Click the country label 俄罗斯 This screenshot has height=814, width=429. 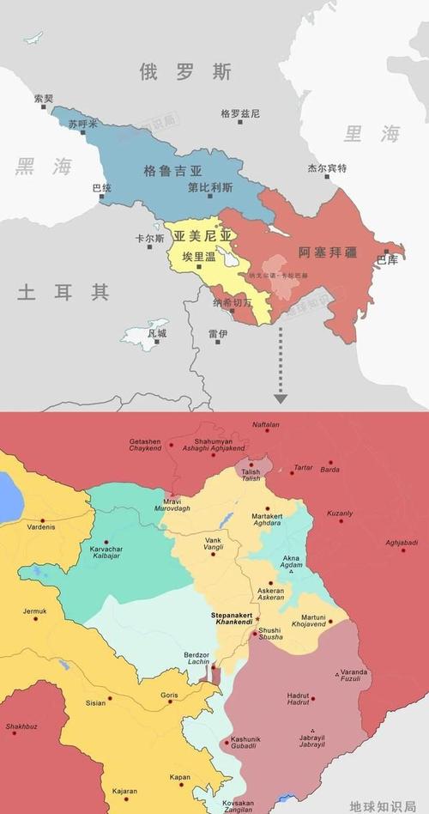point(185,73)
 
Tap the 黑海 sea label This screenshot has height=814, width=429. point(42,167)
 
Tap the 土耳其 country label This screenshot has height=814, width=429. point(63,293)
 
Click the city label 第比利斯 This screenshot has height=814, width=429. point(211,186)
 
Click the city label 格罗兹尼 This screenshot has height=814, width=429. point(240,113)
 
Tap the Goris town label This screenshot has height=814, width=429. point(168,695)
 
